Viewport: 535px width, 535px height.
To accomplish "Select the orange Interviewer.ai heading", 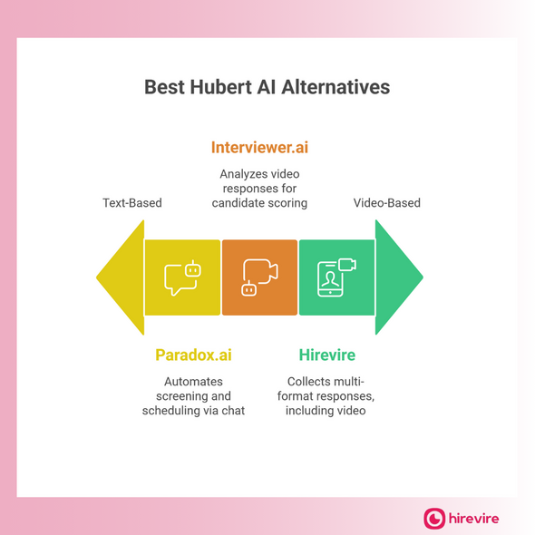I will point(259,147).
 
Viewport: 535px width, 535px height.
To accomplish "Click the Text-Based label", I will point(132,203).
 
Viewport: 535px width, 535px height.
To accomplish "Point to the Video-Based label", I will point(387,203).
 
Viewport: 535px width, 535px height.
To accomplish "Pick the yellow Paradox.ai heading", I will point(193,355).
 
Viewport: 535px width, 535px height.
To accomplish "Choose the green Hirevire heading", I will point(326,355).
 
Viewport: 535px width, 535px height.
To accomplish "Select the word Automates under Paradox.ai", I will point(193,382).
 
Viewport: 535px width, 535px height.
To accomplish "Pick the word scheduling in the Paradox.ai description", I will point(174,412).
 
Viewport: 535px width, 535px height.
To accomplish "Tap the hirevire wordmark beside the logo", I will point(474,519).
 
